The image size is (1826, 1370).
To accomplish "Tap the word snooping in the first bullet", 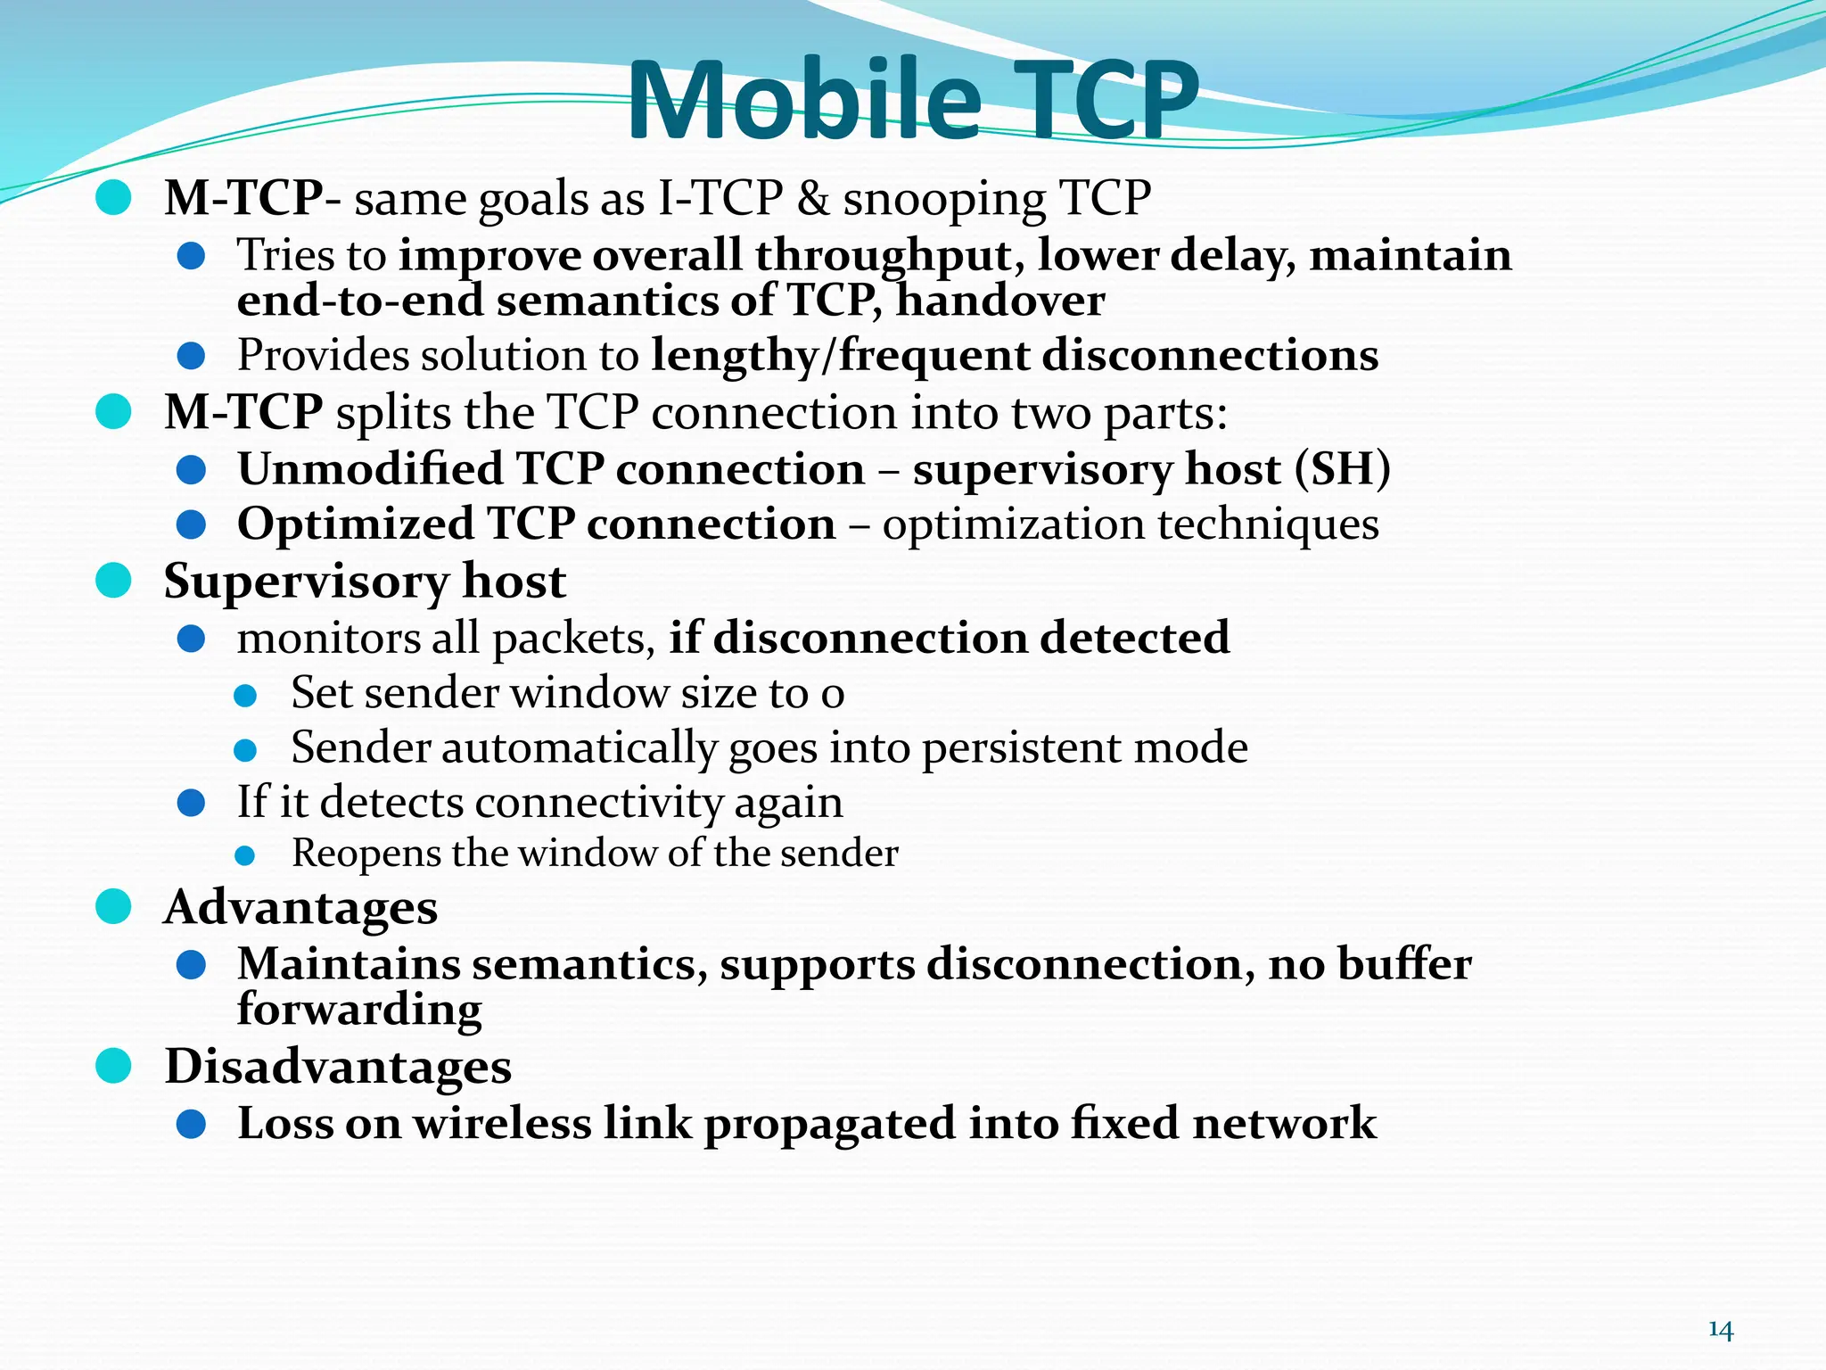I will (x=944, y=198).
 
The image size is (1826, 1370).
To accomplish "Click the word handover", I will (x=1000, y=300).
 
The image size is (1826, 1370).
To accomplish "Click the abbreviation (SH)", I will (x=1342, y=469).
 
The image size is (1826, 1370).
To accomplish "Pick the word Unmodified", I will (x=370, y=469).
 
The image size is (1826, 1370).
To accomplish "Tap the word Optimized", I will (x=355, y=524).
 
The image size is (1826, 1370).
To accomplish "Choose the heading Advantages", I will (x=301, y=908).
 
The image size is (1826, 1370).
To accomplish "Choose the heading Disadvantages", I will (x=338, y=1067).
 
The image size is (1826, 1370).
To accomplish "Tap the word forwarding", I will (x=359, y=1010).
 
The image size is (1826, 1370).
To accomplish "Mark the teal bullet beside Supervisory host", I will (x=113, y=582).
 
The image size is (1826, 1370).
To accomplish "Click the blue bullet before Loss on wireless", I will (x=192, y=1124).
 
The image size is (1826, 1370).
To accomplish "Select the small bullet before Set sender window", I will (x=245, y=696).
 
